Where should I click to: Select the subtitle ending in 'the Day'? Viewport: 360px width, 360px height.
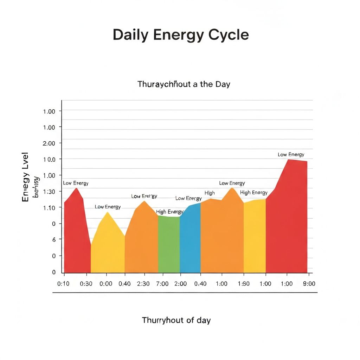[x=184, y=84]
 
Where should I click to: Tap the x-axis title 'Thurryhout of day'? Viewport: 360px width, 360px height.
[x=176, y=320]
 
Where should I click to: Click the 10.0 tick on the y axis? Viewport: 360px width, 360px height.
[x=49, y=159]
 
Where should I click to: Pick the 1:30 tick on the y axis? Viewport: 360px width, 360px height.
[x=49, y=191]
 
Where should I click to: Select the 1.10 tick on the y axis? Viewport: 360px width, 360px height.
[x=49, y=208]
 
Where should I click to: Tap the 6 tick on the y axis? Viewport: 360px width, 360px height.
[x=54, y=239]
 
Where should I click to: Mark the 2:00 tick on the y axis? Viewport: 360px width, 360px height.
[x=49, y=143]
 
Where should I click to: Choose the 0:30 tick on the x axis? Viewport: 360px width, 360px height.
[x=86, y=284]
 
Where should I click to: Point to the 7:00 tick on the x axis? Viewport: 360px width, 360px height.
[x=162, y=284]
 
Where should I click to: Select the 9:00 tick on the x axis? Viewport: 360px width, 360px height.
[x=309, y=284]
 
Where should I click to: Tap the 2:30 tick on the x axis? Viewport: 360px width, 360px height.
[x=143, y=284]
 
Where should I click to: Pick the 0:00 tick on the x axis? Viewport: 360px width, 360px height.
[x=106, y=284]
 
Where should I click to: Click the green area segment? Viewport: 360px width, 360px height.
[x=169, y=246]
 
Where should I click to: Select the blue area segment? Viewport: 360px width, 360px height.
[x=190, y=243]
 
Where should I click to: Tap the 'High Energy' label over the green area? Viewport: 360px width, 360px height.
[x=169, y=212]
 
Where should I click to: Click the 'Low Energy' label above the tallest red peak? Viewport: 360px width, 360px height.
[x=291, y=154]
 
